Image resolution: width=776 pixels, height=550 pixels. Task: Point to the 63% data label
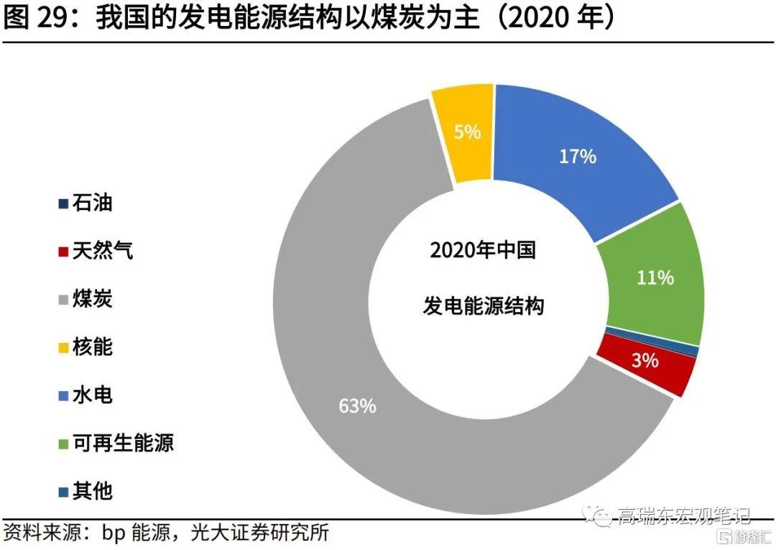[x=357, y=406]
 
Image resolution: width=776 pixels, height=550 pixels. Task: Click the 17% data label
[x=578, y=156]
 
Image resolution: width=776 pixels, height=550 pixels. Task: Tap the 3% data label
[x=645, y=361]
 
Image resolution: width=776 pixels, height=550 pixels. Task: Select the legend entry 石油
[x=92, y=204]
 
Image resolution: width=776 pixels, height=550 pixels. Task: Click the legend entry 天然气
[x=102, y=252]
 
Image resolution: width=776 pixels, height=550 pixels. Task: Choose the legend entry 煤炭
[x=92, y=300]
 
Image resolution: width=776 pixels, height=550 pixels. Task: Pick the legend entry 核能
[x=92, y=348]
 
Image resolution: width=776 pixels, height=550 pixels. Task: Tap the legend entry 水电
[x=92, y=395]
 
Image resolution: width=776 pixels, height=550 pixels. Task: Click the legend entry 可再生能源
[x=122, y=444]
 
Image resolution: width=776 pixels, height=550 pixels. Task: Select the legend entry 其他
[x=92, y=492]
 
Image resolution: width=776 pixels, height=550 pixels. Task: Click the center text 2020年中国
[x=482, y=251]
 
